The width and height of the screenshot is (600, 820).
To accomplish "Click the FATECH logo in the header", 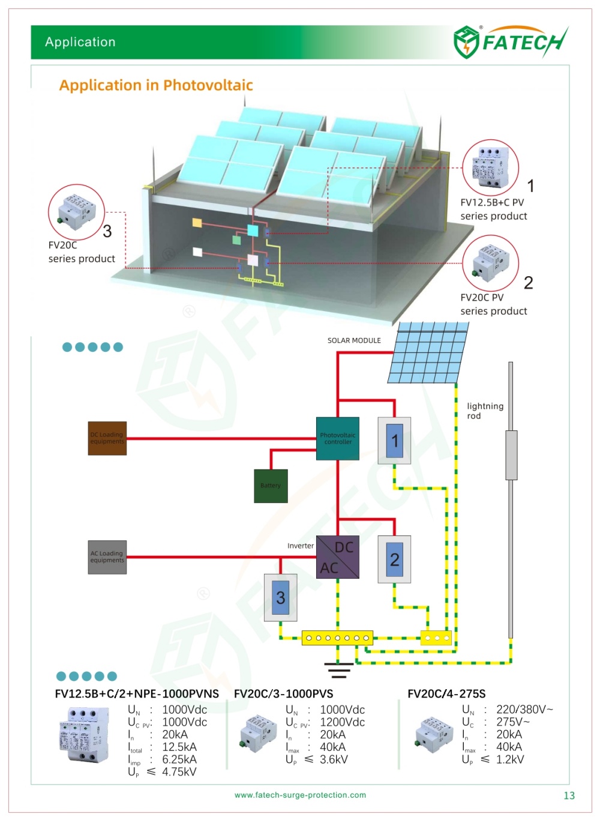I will pos(510,42).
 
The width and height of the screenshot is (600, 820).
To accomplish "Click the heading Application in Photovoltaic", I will pos(156,85).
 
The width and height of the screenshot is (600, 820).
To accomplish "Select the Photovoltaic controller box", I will pos(338,438).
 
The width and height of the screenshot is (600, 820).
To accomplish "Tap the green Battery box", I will pos(271,486).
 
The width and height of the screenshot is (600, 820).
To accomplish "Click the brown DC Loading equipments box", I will pos(107,438).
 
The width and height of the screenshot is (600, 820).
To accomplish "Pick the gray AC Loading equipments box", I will pos(107,557).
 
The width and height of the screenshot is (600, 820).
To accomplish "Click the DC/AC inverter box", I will pos(338,557).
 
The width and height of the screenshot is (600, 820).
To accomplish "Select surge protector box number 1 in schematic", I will pos(394,441).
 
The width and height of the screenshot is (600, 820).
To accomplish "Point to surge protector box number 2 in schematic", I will pos(394,559).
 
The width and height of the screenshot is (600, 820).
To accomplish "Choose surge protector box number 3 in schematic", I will pos(280,597).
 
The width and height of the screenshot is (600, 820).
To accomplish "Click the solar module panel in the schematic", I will pos(428,352).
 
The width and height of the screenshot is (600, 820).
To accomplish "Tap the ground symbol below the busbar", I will pos(338,670).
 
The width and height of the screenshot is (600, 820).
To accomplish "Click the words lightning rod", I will pos(485,411).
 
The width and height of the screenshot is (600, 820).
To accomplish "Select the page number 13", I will pos(569,795).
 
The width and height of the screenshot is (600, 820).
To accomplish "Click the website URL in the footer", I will pos(300,795).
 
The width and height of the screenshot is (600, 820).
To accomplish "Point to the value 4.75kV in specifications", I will pos(179,772).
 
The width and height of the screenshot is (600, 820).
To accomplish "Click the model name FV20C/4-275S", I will pos(446,694).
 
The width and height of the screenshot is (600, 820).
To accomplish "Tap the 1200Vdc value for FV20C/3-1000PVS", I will pos(342,722).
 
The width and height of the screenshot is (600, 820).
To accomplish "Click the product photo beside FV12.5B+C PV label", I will pos(491,167).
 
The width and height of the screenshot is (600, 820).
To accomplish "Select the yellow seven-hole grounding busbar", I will pos(337,638).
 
